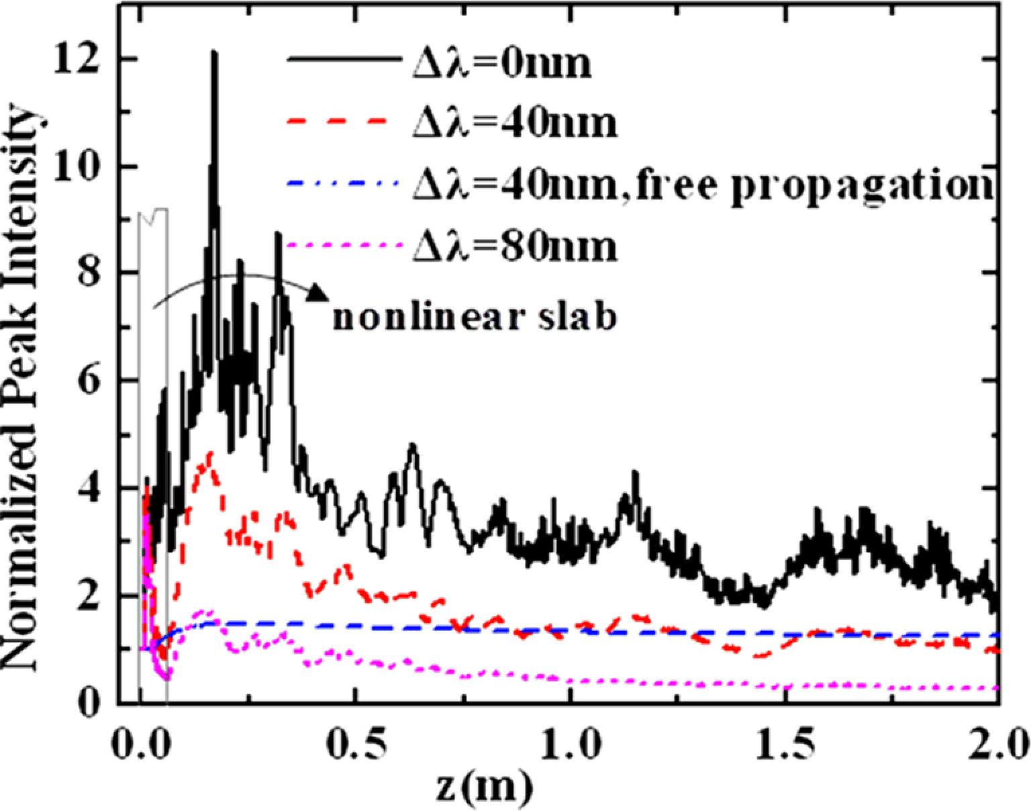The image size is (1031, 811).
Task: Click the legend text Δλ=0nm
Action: tap(502, 65)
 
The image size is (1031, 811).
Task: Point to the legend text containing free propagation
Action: tap(702, 185)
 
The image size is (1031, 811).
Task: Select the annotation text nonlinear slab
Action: tap(474, 317)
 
